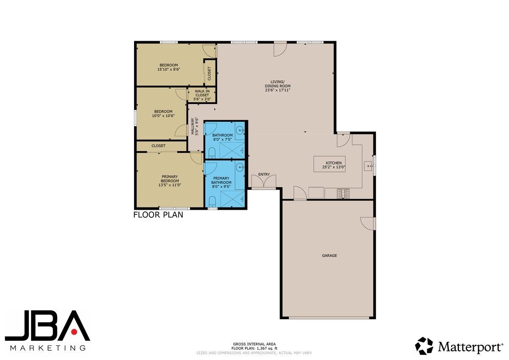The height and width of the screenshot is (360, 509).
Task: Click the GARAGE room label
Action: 329,256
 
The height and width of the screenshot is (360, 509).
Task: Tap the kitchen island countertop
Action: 329,163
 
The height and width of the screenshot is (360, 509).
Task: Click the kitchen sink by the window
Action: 368,165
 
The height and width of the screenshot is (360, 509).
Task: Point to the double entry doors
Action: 263,182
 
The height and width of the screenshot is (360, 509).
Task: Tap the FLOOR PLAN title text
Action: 158,215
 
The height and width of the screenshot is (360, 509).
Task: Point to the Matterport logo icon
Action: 424,346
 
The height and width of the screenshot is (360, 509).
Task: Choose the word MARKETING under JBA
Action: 47,348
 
